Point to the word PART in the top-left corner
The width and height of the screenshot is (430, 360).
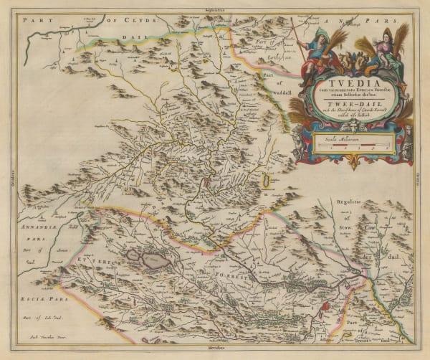(35, 22)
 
